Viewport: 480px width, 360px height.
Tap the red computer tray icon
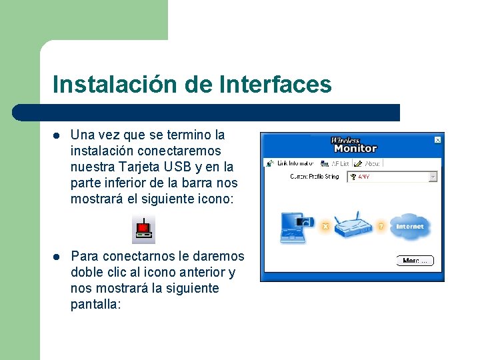tap(143, 230)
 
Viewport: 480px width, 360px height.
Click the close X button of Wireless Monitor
tap(437, 140)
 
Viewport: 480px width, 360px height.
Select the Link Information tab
tap(291, 163)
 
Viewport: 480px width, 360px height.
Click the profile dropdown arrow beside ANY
tap(433, 177)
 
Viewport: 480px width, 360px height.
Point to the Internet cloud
tap(409, 227)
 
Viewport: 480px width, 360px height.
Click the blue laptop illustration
tap(294, 226)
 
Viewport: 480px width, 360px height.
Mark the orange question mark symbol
tap(381, 227)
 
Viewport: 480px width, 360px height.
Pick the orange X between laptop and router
tap(325, 227)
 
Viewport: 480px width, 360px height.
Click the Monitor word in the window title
tap(355, 149)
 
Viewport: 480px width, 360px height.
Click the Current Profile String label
tap(315, 177)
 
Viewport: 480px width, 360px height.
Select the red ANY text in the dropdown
tap(364, 177)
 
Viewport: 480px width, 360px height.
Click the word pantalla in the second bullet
tap(94, 304)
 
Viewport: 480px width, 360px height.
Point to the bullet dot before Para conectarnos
tap(57, 257)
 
